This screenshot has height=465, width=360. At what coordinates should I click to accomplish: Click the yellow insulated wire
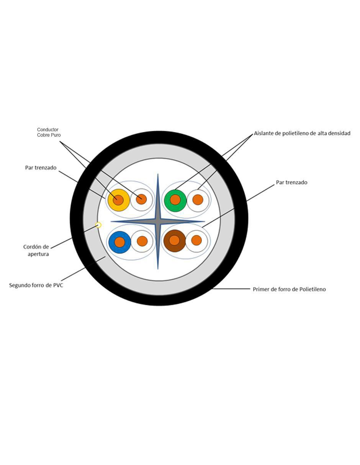pos(119,200)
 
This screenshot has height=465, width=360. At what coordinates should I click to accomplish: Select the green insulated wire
pos(175,201)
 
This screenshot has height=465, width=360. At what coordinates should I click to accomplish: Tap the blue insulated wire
pos(119,242)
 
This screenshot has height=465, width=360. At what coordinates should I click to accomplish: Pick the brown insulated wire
pos(175,241)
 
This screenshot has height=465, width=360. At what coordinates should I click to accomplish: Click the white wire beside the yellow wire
pos(141,199)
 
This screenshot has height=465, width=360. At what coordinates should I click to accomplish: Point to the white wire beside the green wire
pos(198,201)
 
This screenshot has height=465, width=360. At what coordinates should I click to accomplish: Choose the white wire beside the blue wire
pos(142,241)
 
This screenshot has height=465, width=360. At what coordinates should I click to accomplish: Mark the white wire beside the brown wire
pos(197,241)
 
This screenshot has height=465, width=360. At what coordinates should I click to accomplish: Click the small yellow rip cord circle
pos(98,225)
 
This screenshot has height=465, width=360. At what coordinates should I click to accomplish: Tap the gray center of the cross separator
pos(158,222)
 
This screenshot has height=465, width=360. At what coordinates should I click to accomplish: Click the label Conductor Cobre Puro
pos(49,132)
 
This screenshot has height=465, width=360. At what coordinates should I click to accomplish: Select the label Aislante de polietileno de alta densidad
pos(302,133)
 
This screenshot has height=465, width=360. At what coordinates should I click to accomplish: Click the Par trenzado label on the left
pos(41,168)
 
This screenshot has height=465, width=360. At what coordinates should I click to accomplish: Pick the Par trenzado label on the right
pos(291,182)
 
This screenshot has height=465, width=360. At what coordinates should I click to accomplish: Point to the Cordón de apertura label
pos(36,250)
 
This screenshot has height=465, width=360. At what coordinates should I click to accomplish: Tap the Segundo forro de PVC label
pos(36,285)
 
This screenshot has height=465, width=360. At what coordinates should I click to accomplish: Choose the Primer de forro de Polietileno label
pos(289,289)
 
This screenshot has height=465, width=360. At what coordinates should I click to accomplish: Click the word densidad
pos(339,133)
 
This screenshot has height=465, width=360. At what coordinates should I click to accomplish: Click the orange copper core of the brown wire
pos(175,240)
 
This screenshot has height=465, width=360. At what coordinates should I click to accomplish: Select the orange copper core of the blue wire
pos(119,242)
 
